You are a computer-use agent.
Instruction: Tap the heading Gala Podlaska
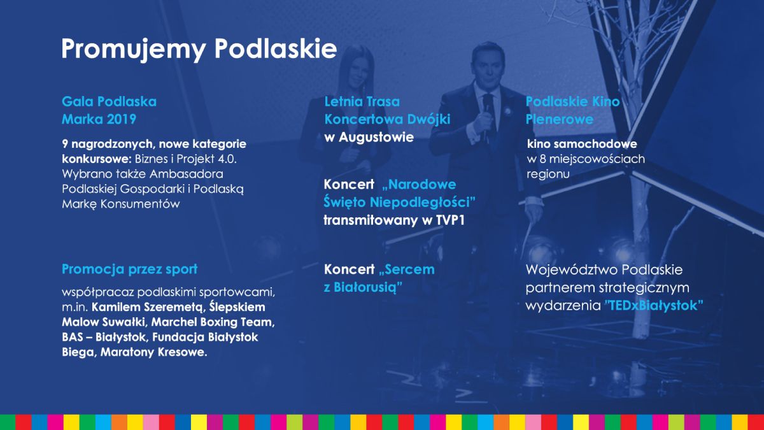pos(109,101)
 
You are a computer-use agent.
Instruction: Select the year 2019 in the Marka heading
pos(122,119)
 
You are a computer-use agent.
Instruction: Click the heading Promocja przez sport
pos(130,269)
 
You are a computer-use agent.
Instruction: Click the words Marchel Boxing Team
pos(213,322)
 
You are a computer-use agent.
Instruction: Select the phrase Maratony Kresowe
pos(153,352)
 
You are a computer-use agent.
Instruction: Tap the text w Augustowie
pos(369,137)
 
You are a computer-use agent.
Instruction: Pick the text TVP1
pos(450,220)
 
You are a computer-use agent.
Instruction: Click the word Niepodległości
pos(423,203)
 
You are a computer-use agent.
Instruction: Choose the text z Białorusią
pos(363,287)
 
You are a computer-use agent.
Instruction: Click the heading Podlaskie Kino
pos(572,101)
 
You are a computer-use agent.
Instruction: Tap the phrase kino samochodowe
pos(582,144)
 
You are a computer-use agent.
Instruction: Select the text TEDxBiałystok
pos(654,305)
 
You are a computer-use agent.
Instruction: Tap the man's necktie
pos(488,113)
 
